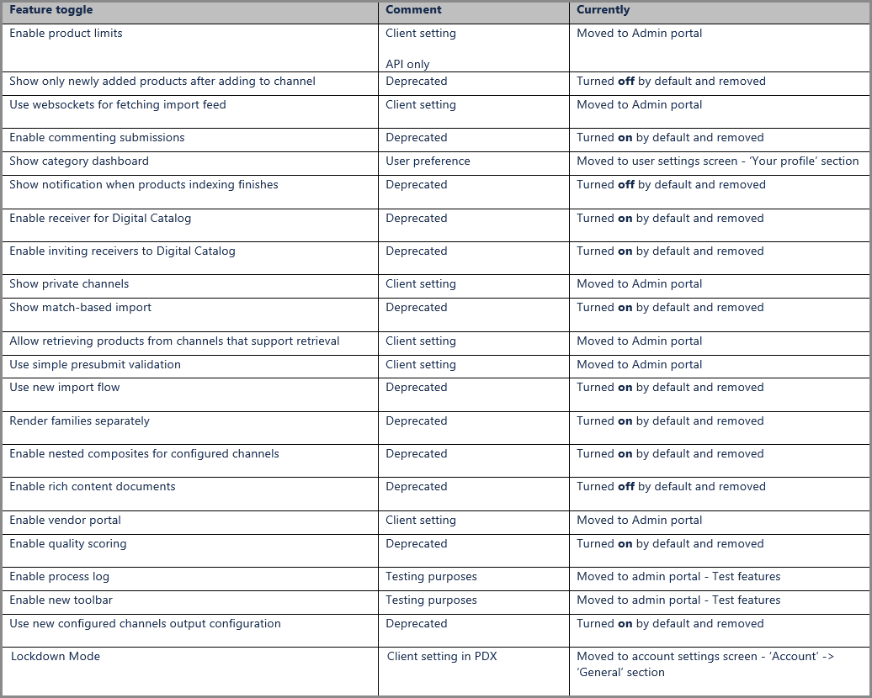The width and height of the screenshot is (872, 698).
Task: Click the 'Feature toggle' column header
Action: (x=51, y=10)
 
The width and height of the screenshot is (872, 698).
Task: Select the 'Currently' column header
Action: (x=603, y=10)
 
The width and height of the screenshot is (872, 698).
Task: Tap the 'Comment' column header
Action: (x=413, y=10)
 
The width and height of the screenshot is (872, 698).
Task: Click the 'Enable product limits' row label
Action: (x=66, y=34)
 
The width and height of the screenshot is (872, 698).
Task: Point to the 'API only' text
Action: (x=407, y=64)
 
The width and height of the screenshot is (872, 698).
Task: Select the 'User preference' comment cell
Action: (x=428, y=161)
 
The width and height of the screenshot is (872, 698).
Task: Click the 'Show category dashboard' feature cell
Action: (x=79, y=161)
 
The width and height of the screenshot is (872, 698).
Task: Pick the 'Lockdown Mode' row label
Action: (x=56, y=657)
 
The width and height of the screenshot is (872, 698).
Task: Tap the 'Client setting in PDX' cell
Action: (x=442, y=657)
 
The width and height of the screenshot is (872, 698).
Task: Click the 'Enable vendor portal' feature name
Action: (x=66, y=521)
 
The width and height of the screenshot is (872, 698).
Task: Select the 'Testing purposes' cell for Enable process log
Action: (x=431, y=577)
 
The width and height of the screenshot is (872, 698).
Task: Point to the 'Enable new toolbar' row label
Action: (x=61, y=600)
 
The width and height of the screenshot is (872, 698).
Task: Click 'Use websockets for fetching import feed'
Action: (x=118, y=105)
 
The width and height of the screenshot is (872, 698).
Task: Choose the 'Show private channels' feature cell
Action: (x=69, y=284)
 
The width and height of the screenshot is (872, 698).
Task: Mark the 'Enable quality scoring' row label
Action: (x=68, y=544)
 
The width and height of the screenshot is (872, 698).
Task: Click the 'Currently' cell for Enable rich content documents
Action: (x=671, y=487)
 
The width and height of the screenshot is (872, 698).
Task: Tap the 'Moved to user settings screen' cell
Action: (x=717, y=161)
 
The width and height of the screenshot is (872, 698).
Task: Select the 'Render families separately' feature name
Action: (x=79, y=421)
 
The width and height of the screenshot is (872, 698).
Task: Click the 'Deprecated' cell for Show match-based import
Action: (x=417, y=308)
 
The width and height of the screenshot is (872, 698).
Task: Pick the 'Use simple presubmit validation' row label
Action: (x=95, y=365)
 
